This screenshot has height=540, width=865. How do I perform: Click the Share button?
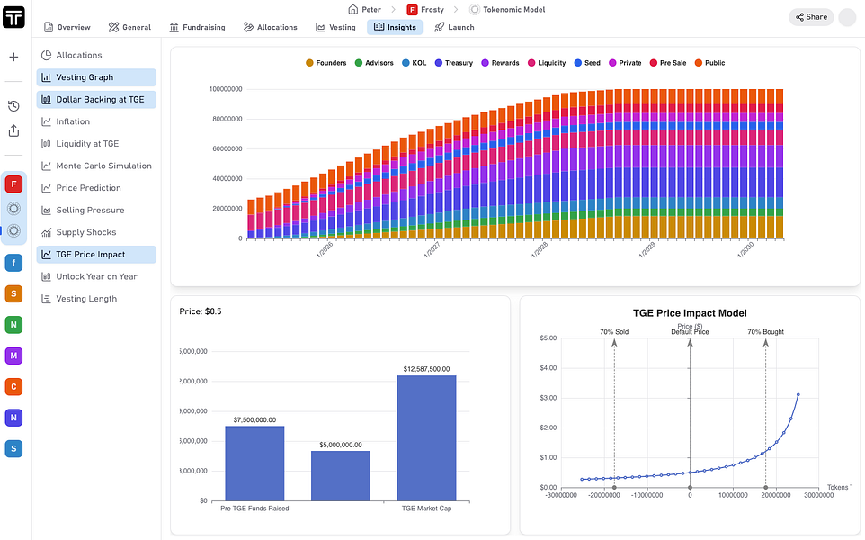point(809,16)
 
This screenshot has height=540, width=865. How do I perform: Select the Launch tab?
point(454,27)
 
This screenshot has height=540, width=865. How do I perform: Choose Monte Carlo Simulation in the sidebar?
point(103,166)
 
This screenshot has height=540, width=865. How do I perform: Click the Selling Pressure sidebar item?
point(90,210)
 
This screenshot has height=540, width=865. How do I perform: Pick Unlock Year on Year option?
point(96,276)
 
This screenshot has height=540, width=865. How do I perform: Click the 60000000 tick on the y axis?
point(225,148)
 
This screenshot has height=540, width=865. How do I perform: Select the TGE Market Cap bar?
point(426,437)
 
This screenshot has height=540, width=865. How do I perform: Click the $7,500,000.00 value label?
point(254,419)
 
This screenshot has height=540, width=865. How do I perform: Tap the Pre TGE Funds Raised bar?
point(254,463)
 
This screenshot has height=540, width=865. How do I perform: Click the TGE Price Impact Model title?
point(690,313)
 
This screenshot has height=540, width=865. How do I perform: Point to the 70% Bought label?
point(765,332)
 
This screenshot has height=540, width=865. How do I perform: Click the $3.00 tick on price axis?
point(548,398)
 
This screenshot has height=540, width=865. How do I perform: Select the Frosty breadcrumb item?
point(425,9)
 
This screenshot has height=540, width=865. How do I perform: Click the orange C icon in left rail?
point(13,386)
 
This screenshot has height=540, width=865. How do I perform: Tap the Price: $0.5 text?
point(201,311)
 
